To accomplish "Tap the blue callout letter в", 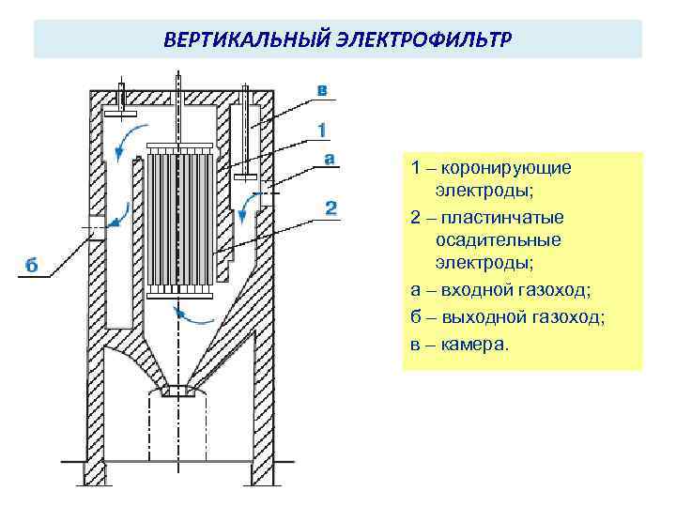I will (x=322, y=91).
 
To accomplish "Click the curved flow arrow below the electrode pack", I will (x=193, y=315).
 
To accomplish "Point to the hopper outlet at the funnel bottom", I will (x=179, y=390).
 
